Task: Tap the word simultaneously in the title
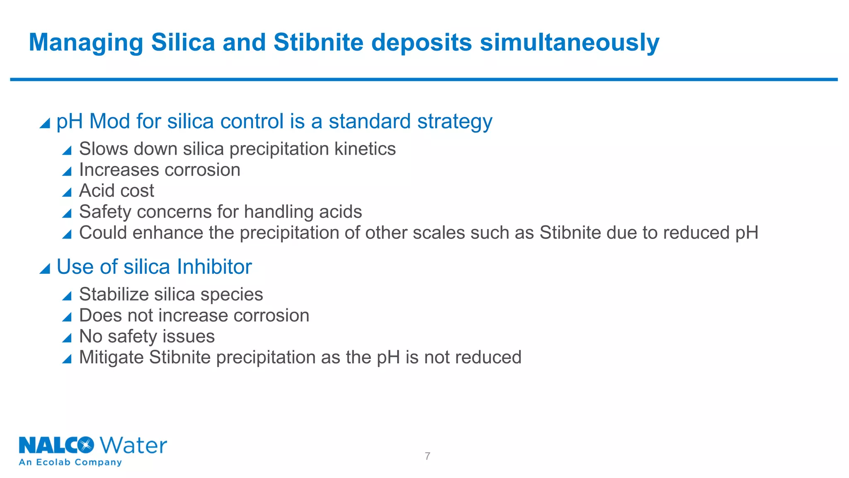pos(570,43)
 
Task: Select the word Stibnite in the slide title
pos(318,42)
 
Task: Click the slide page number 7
pos(427,456)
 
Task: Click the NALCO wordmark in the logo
pos(56,446)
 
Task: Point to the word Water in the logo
pos(133,446)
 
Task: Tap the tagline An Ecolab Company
pos(70,462)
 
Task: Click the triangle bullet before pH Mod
pos(45,123)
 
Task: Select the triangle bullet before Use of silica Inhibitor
pos(45,269)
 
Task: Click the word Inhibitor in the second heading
pos(214,267)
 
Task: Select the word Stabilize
pos(114,295)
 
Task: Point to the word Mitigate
pos(111,357)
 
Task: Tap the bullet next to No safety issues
pos(67,338)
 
